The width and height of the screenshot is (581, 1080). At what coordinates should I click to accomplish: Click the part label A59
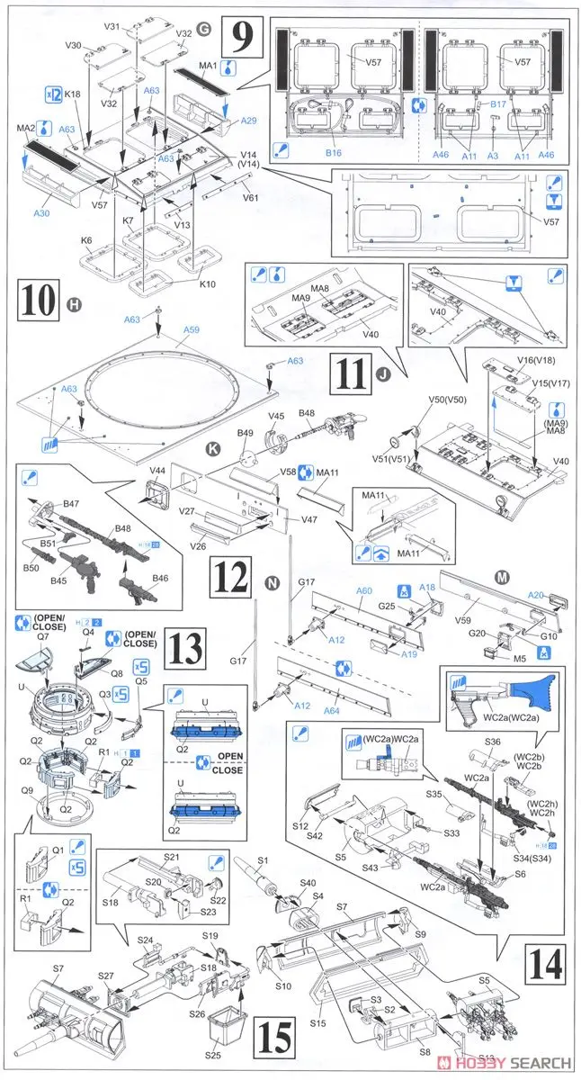click(x=191, y=330)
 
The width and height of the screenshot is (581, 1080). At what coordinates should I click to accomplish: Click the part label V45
click(x=276, y=416)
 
